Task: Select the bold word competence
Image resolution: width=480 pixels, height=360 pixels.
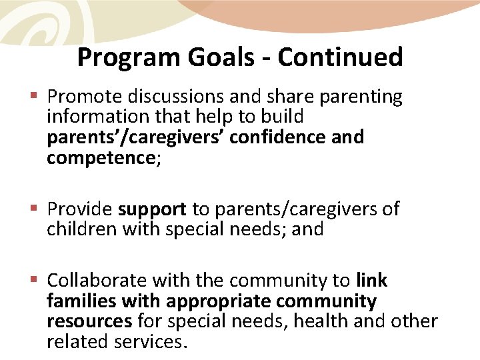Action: (101, 158)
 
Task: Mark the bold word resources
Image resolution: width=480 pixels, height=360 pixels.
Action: (89, 321)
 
